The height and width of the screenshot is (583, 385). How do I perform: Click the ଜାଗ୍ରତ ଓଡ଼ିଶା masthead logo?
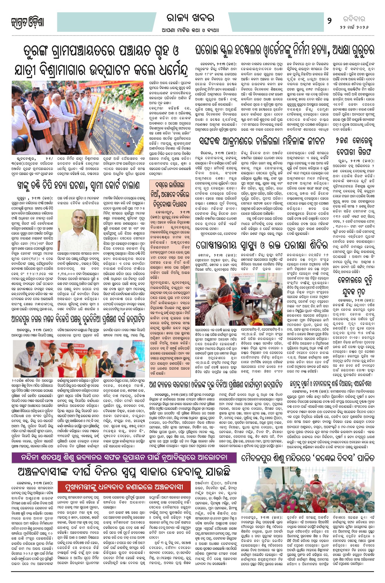pyautogui.click(x=28, y=22)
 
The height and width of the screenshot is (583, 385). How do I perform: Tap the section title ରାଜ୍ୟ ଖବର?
pyautogui.click(x=190, y=18)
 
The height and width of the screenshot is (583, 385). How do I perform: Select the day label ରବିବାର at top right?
pyautogui.click(x=354, y=19)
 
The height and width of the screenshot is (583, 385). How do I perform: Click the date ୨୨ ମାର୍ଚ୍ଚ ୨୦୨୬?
pyautogui.click(x=354, y=27)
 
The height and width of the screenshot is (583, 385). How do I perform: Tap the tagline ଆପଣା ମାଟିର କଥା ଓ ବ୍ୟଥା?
pyautogui.click(x=190, y=30)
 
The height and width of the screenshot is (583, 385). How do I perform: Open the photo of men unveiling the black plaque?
pyautogui.click(x=77, y=118)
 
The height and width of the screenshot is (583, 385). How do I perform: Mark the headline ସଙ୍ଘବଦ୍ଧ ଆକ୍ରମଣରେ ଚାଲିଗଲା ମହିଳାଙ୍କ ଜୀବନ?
pyautogui.click(x=262, y=141)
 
